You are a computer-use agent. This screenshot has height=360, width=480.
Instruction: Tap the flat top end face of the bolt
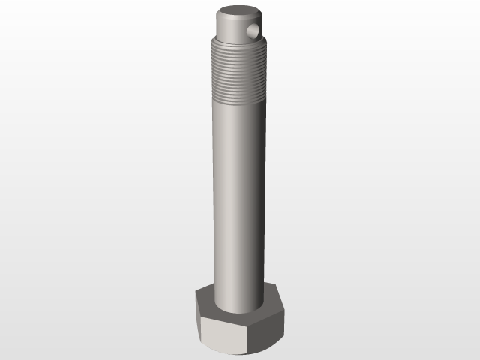[238, 13]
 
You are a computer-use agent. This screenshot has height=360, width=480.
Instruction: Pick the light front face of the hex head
[224, 334]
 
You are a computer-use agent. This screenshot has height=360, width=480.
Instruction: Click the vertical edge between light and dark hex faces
[251, 336]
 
